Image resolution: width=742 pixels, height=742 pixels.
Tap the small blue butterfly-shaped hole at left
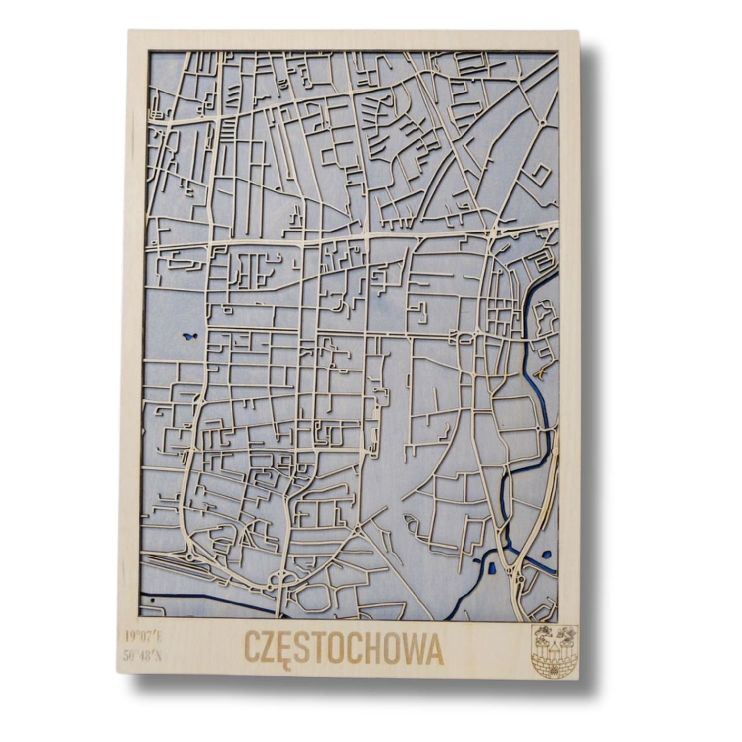pos(190,338)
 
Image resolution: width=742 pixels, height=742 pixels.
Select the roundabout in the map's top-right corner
pos(543,122)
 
